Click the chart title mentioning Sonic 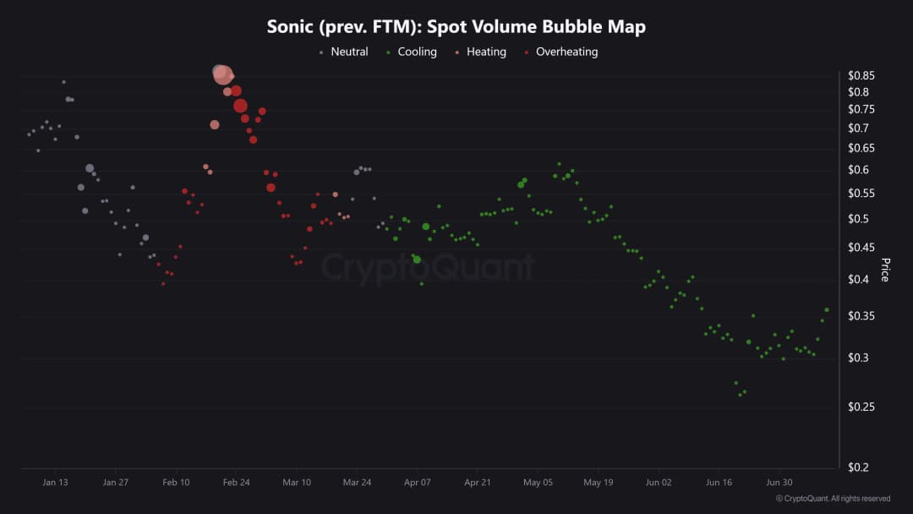456,26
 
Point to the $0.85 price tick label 862,75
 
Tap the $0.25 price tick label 861,407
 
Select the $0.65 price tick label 861,148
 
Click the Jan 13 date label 55,483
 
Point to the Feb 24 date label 237,483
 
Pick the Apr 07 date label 418,483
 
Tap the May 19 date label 598,483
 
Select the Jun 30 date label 779,483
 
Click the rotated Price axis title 886,270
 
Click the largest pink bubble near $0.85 221,74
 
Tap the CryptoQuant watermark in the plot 428,268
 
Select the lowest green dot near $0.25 741,394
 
